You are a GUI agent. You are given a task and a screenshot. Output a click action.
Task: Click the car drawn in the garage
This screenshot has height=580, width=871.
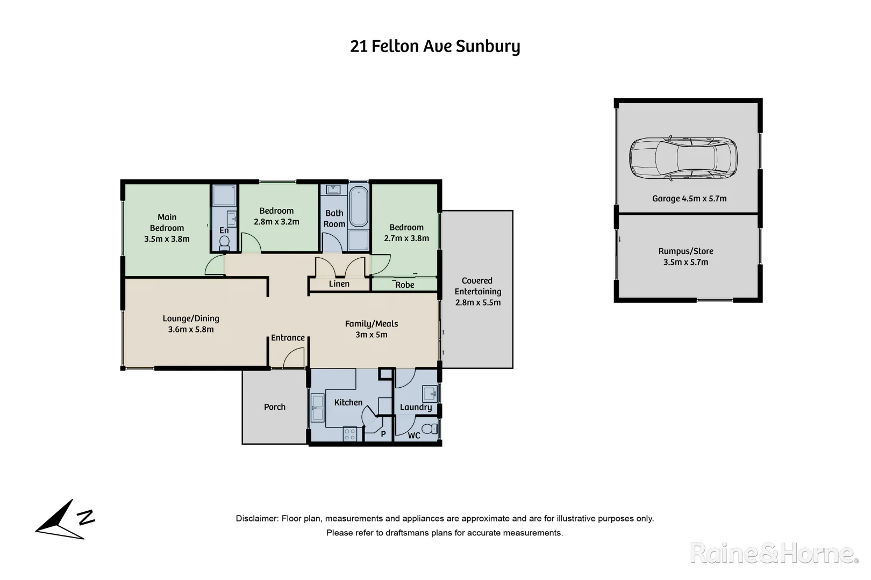(x=683, y=158)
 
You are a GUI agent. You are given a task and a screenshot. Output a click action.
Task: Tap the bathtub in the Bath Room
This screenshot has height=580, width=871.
(x=359, y=207)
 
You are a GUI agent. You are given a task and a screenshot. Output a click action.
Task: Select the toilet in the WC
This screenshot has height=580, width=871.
(x=429, y=429)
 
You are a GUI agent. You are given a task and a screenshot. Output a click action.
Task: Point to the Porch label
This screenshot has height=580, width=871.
(x=275, y=407)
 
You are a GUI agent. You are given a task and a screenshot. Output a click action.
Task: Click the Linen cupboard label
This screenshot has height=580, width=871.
(x=339, y=284)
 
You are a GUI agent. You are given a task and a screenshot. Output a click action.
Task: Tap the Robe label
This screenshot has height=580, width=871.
(x=405, y=285)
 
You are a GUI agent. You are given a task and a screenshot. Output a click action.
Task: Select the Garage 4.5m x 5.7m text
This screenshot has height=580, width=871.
(x=689, y=199)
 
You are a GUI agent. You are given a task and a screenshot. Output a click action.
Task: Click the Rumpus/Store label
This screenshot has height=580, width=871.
(x=686, y=251)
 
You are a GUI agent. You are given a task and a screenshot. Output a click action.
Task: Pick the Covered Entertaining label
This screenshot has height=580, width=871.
(x=477, y=286)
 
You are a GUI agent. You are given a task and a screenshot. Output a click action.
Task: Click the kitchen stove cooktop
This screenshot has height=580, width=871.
(x=349, y=434)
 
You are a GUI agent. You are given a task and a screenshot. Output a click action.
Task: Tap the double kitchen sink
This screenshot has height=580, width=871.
(x=317, y=408)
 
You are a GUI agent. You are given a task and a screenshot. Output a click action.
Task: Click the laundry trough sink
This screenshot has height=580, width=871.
(x=430, y=394)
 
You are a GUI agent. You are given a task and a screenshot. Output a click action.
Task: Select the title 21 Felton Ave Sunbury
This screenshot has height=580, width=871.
(x=435, y=47)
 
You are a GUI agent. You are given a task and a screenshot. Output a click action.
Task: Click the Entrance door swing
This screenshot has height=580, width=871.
(x=295, y=357)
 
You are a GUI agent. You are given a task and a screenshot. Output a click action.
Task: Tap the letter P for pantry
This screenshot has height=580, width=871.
(x=383, y=434)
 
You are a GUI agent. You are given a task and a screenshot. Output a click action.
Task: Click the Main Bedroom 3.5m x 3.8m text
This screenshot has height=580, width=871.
(x=167, y=228)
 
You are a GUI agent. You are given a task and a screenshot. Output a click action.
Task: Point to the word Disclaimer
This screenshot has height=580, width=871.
(x=256, y=519)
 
